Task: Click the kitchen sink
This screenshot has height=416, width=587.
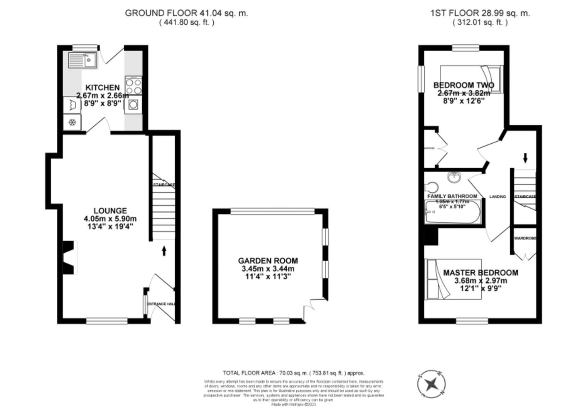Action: click(x=83, y=60)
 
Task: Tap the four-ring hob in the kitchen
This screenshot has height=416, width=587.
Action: click(x=133, y=86)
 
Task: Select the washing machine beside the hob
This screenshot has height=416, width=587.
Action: click(x=133, y=104)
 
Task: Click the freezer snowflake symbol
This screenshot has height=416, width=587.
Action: click(x=72, y=122)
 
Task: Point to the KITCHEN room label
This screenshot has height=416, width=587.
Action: click(x=102, y=87)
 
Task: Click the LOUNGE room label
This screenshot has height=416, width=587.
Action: click(x=110, y=211)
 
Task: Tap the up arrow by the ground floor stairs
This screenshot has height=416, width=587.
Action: click(x=164, y=251)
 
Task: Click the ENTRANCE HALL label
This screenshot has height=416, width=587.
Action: click(x=162, y=304)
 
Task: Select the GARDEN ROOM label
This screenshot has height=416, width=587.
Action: click(x=268, y=261)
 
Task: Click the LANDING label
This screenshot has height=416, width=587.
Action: click(x=497, y=196)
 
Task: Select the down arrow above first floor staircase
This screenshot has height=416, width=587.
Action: click(x=525, y=158)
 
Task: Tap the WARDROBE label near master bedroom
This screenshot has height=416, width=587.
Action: click(x=525, y=238)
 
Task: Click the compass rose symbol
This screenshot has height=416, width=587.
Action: click(x=432, y=384)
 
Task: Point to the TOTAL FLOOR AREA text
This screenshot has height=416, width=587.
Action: click(x=293, y=373)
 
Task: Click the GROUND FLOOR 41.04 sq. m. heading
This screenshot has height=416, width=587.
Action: click(x=186, y=13)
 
